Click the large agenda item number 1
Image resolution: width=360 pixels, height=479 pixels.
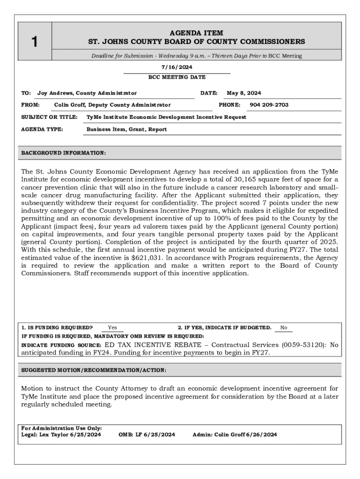tap(35, 42)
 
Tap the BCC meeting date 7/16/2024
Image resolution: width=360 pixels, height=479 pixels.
tap(177, 67)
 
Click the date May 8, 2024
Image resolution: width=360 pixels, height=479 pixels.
tap(244, 93)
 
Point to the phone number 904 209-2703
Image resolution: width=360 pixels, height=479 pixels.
tap(269, 105)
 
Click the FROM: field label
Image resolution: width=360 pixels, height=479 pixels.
tap(30, 105)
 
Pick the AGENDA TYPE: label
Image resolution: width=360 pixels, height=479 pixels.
tap(42, 129)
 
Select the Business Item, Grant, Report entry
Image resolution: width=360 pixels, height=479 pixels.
tap(127, 129)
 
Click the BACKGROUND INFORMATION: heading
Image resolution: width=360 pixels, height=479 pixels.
tap(64, 153)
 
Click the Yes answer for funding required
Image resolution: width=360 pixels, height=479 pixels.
tap(112, 328)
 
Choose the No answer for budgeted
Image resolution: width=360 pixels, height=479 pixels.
tap(284, 328)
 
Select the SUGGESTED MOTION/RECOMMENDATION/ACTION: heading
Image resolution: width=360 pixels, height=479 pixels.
tap(94, 370)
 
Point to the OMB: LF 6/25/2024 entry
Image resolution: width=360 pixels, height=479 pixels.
tap(147, 435)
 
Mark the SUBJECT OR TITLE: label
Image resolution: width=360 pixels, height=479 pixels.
tap(50, 117)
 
